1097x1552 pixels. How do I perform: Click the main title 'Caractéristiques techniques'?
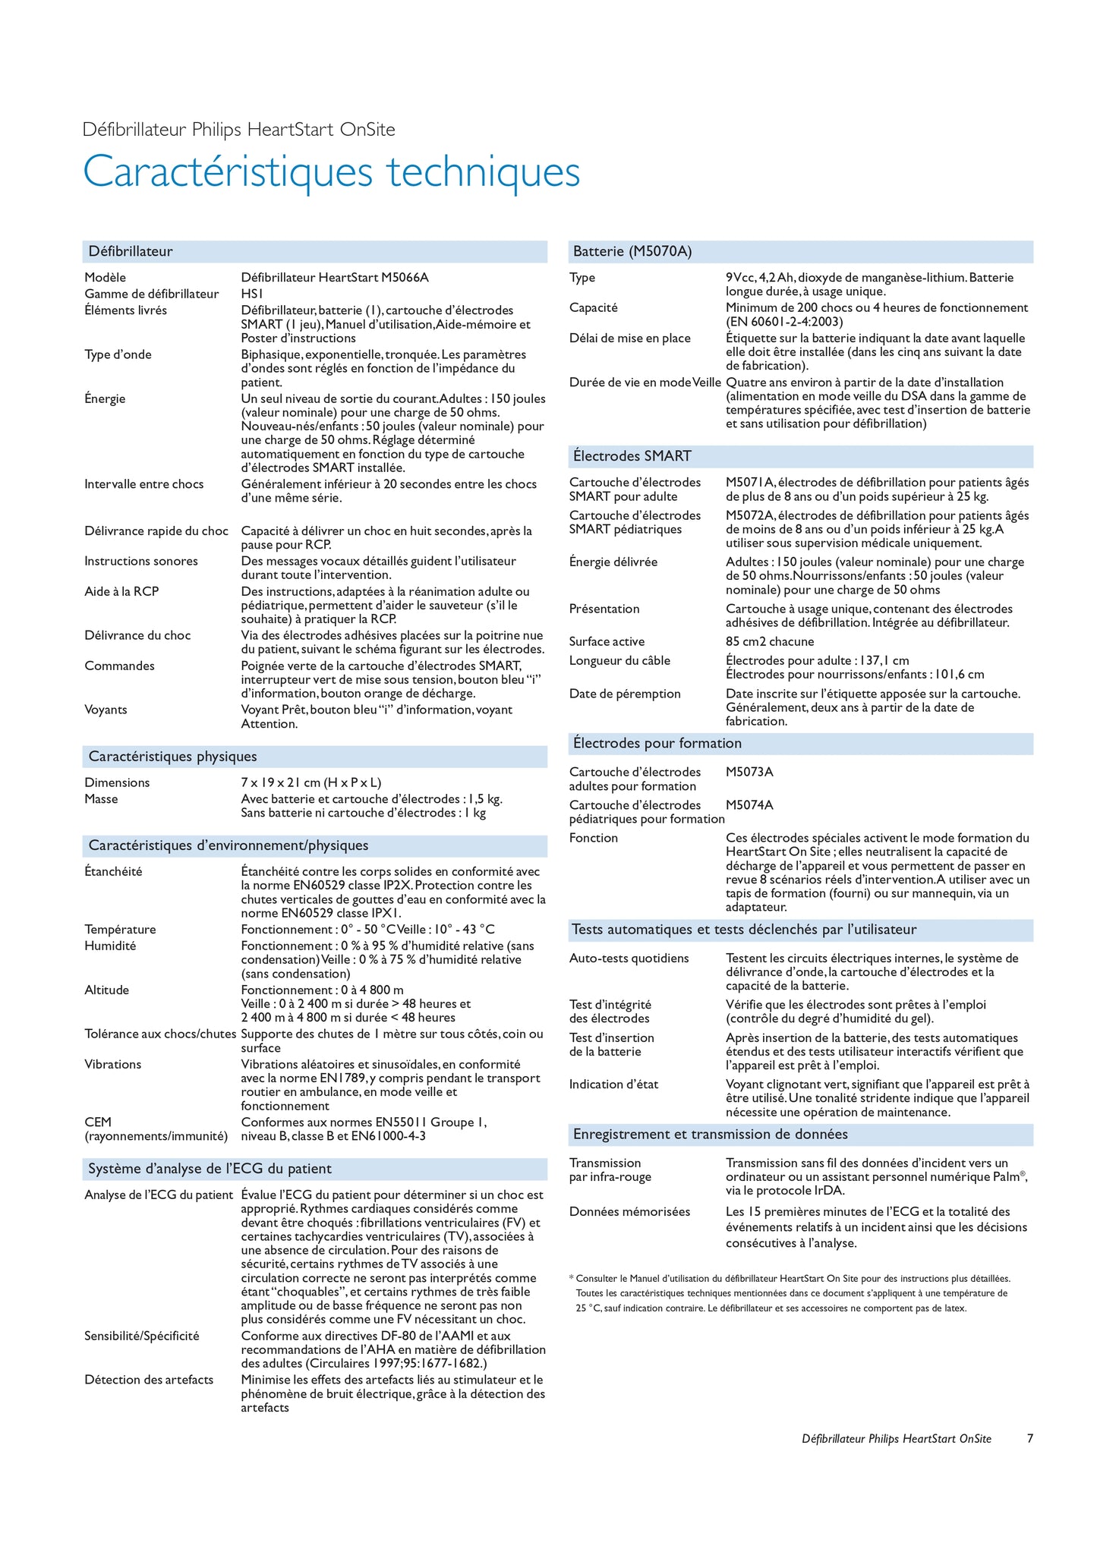coord(331,172)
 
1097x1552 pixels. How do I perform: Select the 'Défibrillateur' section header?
coord(131,251)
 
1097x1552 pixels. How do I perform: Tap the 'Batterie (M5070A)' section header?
coord(632,251)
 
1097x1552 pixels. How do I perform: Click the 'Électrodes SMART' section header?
coord(632,456)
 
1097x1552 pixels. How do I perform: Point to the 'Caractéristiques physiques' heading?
coord(172,757)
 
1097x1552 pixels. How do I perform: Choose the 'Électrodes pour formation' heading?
coord(657,744)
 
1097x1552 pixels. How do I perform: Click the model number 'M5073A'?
coord(749,773)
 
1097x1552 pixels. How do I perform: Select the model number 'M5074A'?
coord(749,805)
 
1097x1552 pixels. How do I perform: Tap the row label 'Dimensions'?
coord(117,783)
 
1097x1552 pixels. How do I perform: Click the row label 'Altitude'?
coord(107,990)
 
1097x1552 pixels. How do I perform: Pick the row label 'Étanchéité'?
coord(113,872)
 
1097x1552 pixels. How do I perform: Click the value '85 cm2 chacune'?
coord(770,642)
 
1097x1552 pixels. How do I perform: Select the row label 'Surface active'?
coord(607,642)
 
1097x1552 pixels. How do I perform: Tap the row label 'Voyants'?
coord(106,710)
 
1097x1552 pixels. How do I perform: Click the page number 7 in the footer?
coord(1029,1439)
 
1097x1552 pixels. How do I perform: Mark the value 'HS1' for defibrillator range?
coord(252,294)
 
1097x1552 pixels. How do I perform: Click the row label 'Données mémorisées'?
coord(629,1212)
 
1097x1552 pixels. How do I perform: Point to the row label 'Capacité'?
coord(594,308)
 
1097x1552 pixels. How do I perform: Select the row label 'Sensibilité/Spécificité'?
coord(142,1336)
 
